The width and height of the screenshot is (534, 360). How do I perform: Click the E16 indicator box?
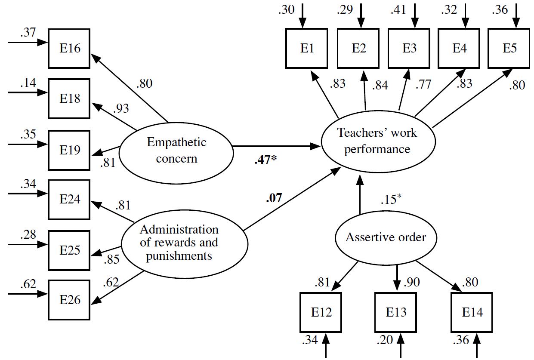click(x=69, y=48)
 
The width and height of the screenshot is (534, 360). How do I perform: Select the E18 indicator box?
click(x=69, y=98)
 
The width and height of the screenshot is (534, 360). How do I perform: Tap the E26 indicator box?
click(x=69, y=300)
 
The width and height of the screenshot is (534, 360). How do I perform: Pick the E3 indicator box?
click(x=409, y=48)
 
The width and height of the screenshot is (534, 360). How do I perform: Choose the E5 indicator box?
click(x=509, y=48)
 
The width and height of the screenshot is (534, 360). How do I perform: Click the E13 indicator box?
click(x=396, y=312)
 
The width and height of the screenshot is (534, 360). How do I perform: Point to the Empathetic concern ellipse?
click(x=176, y=150)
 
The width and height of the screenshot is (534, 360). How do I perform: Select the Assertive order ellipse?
click(x=386, y=237)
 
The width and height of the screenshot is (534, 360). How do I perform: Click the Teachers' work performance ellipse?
click(x=377, y=141)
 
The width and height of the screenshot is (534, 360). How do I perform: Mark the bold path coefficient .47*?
click(x=265, y=160)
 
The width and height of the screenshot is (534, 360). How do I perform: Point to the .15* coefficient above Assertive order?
click(x=391, y=200)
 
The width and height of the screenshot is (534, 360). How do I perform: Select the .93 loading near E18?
click(x=121, y=108)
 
